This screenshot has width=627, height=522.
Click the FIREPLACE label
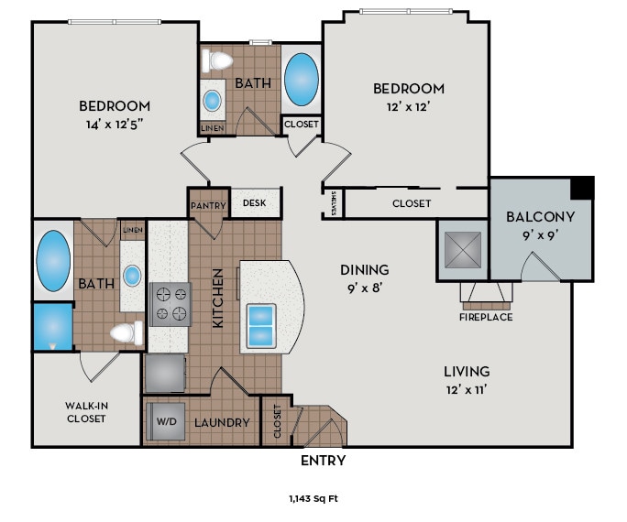tap(486, 317)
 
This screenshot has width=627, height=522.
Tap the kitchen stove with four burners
tap(170, 304)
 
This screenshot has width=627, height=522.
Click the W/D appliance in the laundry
tap(165, 422)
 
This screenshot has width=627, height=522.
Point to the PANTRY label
tap(208, 205)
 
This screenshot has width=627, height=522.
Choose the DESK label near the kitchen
tap(256, 203)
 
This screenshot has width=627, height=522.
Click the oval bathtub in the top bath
tap(301, 81)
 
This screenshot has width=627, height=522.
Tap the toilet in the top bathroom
tap(218, 61)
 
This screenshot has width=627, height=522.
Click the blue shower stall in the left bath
tap(51, 327)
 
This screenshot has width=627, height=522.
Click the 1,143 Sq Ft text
tap(313, 499)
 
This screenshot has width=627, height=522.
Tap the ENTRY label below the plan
tap(323, 461)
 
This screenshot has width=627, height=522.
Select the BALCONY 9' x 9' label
tap(541, 225)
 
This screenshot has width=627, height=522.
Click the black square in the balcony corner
tap(581, 188)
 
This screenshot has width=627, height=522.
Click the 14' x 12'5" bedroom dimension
tap(115, 125)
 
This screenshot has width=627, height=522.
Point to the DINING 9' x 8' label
tap(365, 277)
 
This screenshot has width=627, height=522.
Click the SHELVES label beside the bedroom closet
tap(335, 203)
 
